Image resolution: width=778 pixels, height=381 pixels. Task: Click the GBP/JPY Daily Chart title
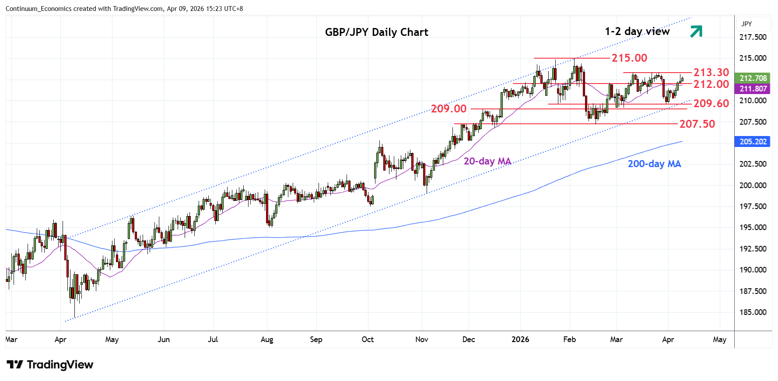pyautogui.click(x=376, y=32)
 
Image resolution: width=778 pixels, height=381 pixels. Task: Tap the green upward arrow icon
pyautogui.click(x=696, y=31)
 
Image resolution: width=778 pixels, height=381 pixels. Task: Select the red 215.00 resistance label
pyautogui.click(x=629, y=58)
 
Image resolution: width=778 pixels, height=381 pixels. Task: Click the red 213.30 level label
pyautogui.click(x=711, y=73)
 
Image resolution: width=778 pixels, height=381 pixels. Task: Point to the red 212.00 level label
pyautogui.click(x=711, y=84)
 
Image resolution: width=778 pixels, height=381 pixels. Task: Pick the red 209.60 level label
pyautogui.click(x=711, y=104)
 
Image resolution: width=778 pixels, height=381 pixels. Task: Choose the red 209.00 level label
pyautogui.click(x=449, y=109)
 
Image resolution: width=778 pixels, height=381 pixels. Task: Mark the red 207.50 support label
pyautogui.click(x=697, y=124)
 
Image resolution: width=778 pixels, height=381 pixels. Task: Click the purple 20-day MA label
pyautogui.click(x=487, y=161)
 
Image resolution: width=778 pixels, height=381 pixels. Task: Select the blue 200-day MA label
pyautogui.click(x=654, y=164)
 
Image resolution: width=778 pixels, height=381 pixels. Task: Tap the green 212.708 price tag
pyautogui.click(x=753, y=78)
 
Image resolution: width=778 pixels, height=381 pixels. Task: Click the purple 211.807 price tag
pyautogui.click(x=753, y=89)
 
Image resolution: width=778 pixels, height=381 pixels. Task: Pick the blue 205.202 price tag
pyautogui.click(x=753, y=142)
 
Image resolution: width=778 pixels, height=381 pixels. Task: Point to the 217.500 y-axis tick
pyautogui.click(x=753, y=37)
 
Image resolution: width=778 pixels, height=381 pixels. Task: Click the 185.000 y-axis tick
pyautogui.click(x=753, y=312)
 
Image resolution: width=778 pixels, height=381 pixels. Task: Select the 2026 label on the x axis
pyautogui.click(x=520, y=339)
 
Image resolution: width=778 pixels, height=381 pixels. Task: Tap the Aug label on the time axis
pyautogui.click(x=266, y=339)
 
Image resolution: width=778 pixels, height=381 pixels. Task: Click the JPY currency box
pyautogui.click(x=747, y=24)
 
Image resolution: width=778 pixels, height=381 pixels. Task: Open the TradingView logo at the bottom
pyautogui.click(x=50, y=365)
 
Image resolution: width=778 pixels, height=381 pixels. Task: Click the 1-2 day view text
pyautogui.click(x=637, y=31)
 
